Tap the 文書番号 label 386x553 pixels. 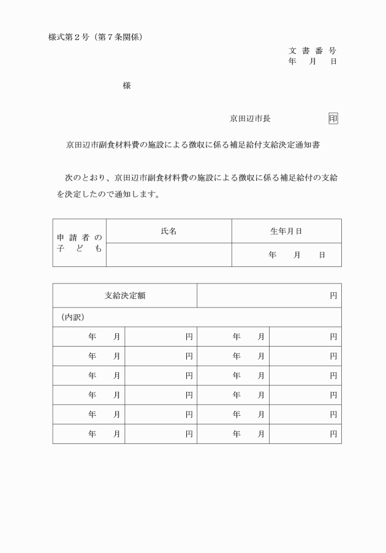click(x=312, y=51)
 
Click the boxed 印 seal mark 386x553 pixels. click(x=333, y=118)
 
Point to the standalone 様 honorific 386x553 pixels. click(x=127, y=86)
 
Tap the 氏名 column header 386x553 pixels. click(x=168, y=231)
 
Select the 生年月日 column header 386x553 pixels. click(x=286, y=231)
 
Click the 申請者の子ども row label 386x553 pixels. click(x=80, y=243)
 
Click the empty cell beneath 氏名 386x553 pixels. click(x=168, y=255)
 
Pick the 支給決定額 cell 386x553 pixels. click(x=124, y=295)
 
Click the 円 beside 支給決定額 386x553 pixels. click(x=333, y=295)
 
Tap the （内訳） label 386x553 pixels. click(x=72, y=317)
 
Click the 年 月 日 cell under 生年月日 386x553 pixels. click(x=297, y=255)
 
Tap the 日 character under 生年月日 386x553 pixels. click(x=322, y=255)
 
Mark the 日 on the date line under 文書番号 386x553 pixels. click(x=333, y=62)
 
